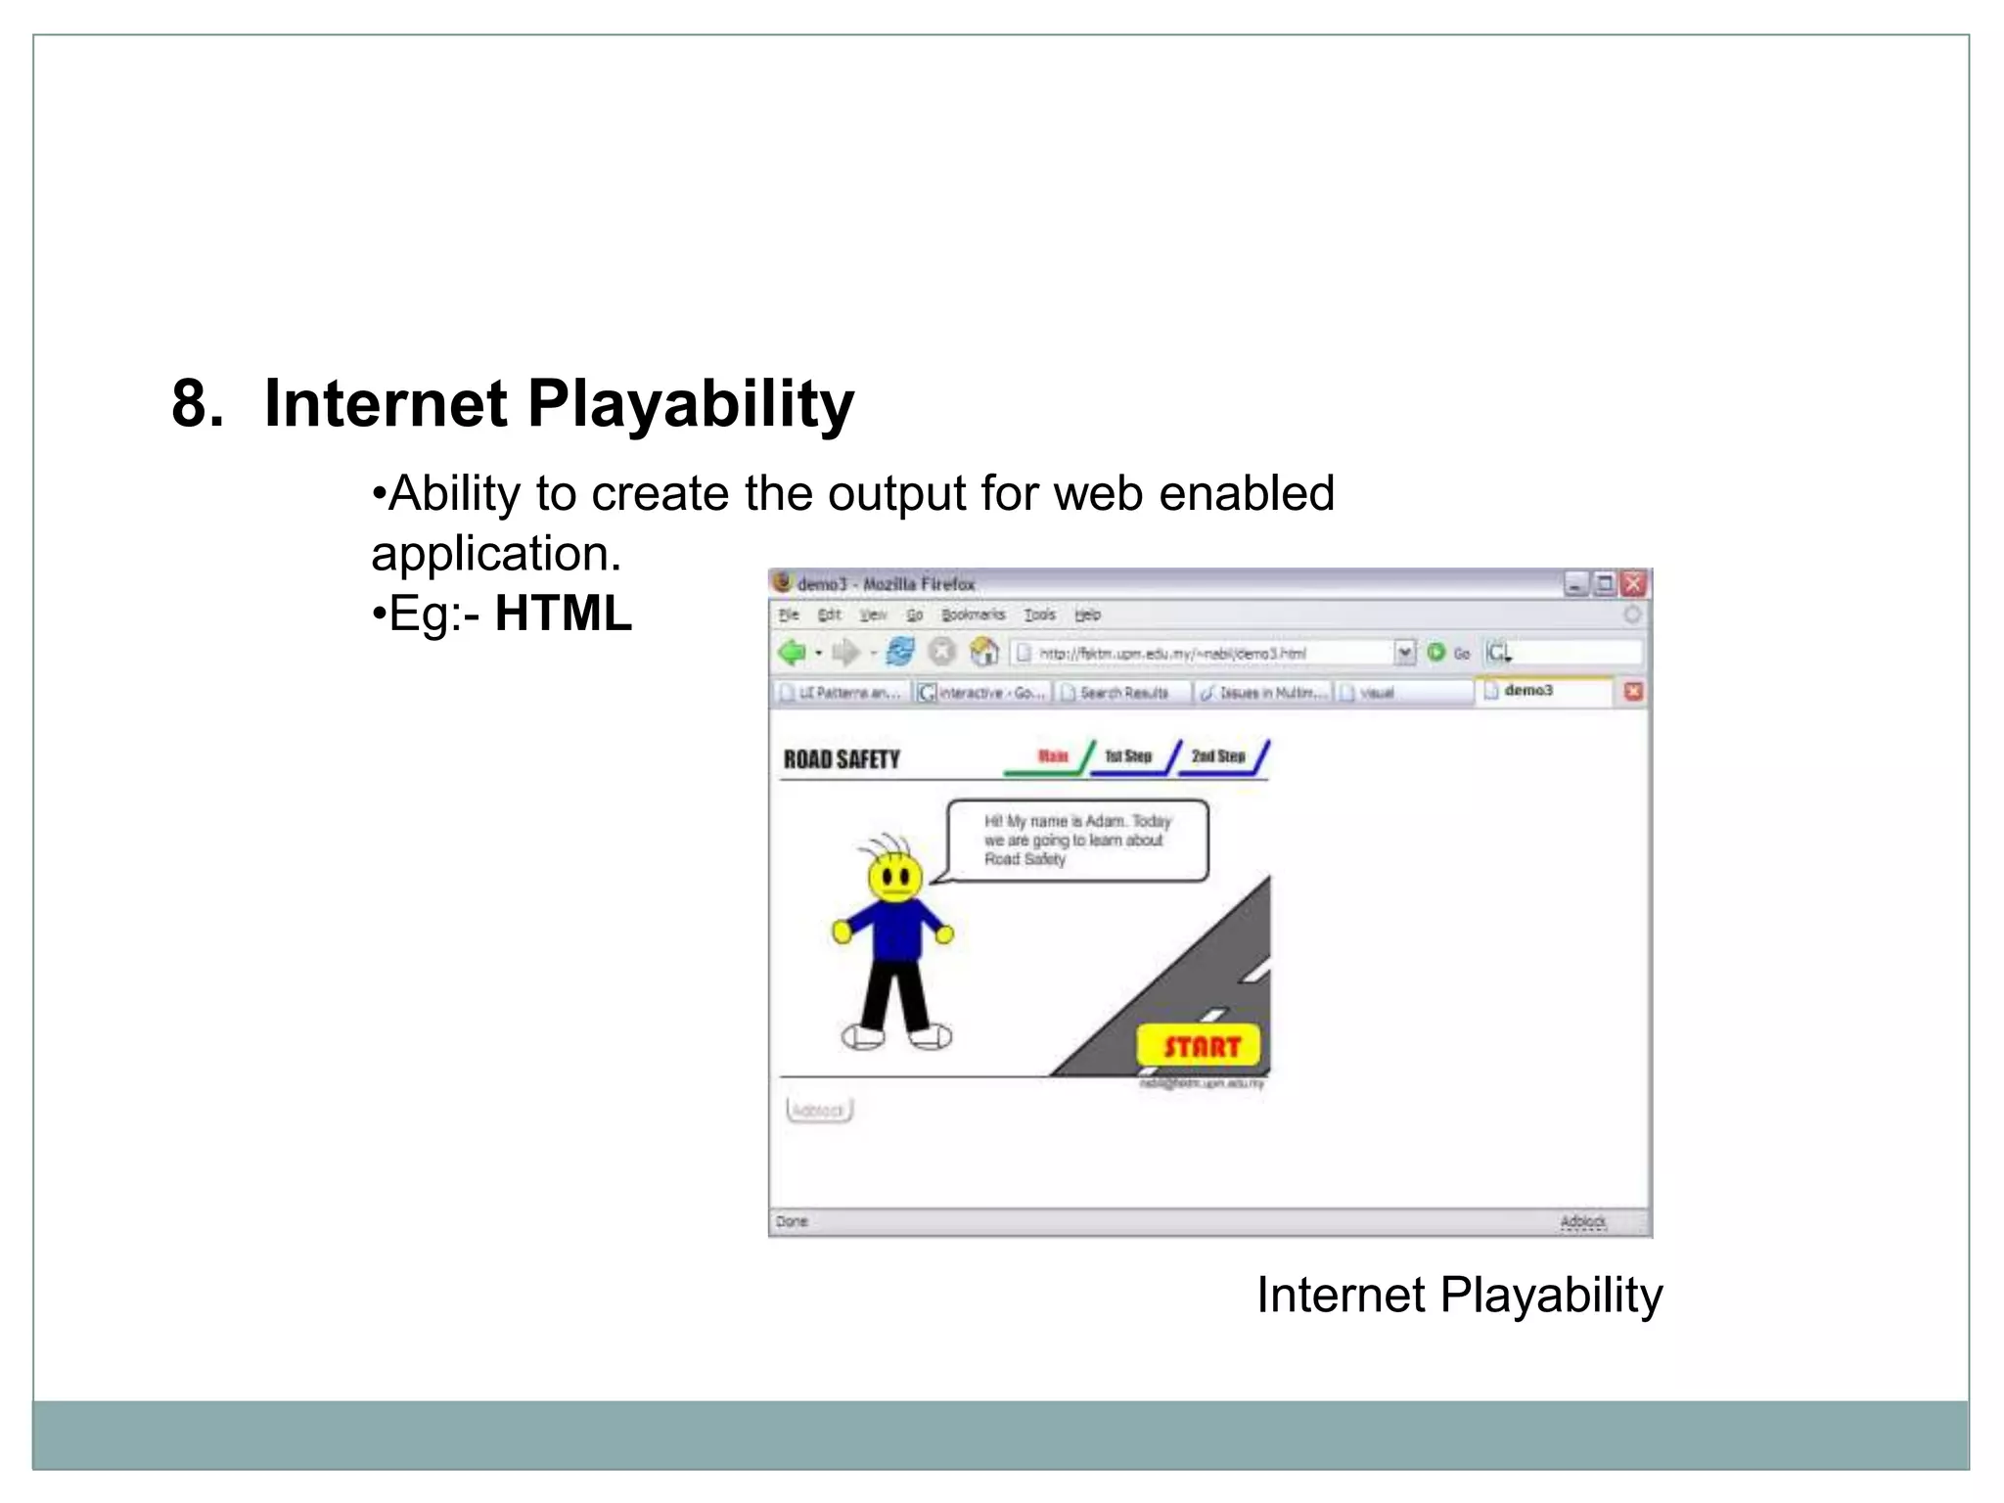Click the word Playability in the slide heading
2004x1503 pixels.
click(691, 403)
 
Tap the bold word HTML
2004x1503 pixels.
click(564, 614)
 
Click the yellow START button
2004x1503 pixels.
click(1201, 1046)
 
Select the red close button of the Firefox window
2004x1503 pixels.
click(1633, 584)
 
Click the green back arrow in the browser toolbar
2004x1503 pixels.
click(792, 652)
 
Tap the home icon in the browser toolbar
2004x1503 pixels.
click(983, 652)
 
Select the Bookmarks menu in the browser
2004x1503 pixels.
click(973, 615)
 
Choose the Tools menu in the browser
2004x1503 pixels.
click(1039, 615)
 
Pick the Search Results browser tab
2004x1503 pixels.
click(1123, 693)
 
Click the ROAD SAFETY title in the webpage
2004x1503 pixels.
click(842, 759)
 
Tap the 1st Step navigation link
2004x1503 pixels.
click(1128, 756)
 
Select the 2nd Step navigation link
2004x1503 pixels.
click(1218, 756)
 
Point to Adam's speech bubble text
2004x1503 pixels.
click(1076, 840)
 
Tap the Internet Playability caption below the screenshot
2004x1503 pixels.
click(1459, 1295)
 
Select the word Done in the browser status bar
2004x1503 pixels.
click(792, 1221)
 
